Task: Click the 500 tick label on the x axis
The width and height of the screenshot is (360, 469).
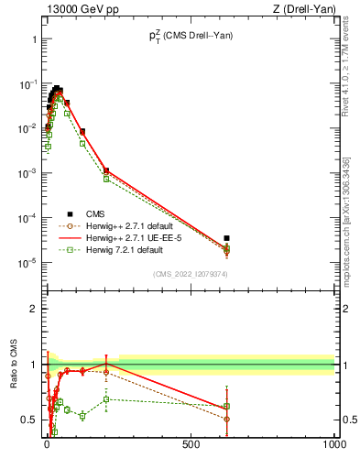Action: tap(191, 442)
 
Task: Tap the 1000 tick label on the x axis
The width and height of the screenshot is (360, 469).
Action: tap(333, 442)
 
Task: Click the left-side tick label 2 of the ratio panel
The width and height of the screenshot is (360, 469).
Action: tap(33, 309)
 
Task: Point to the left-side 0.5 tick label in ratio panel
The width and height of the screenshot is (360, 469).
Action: tap(28, 420)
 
